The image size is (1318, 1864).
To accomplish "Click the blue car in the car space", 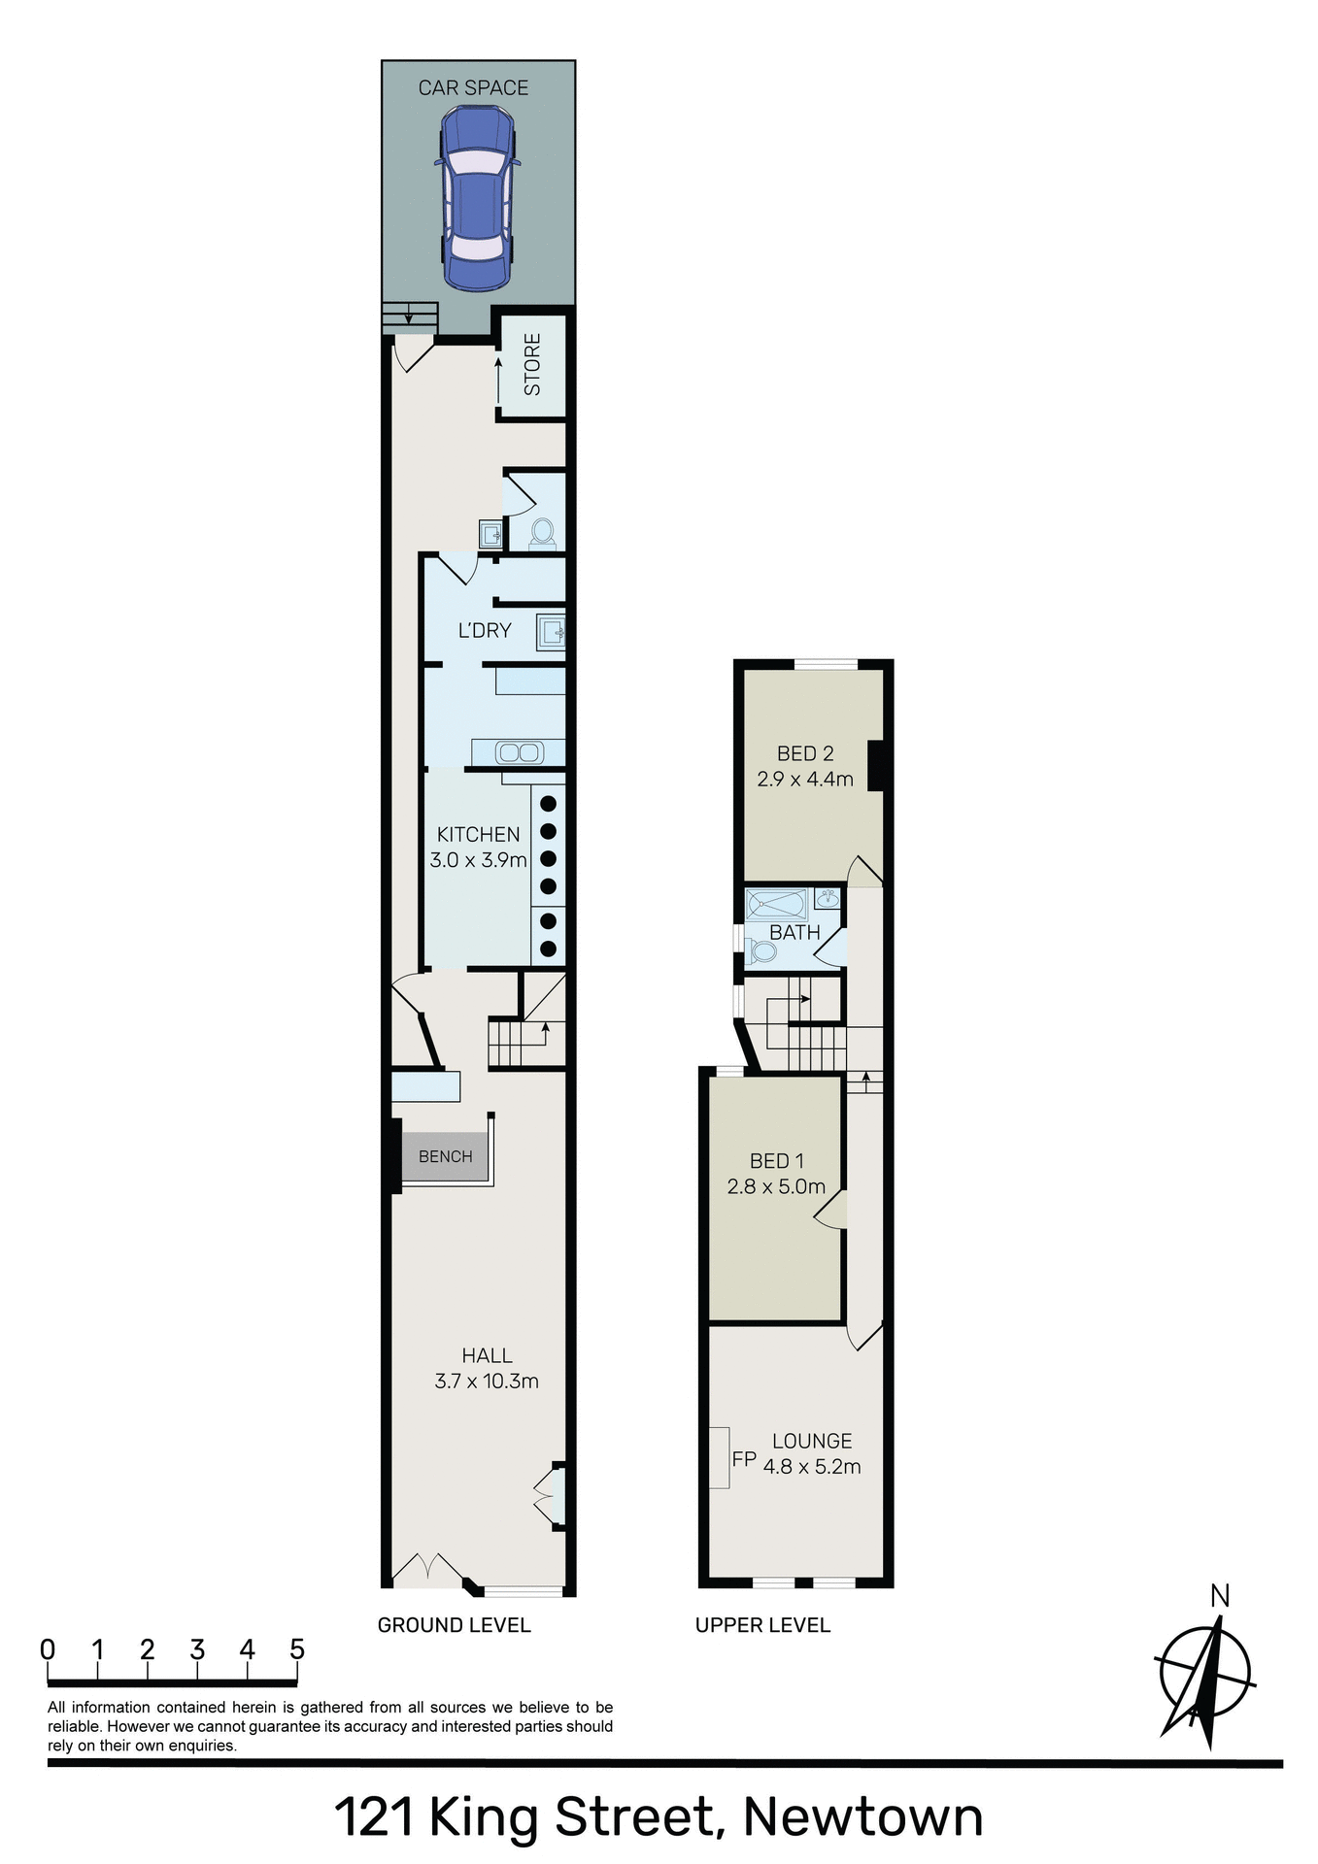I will point(476,198).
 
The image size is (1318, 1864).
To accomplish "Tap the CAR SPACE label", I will point(473,88).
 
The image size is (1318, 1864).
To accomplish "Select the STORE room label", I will point(532,365).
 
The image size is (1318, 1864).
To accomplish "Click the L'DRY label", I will point(485,631).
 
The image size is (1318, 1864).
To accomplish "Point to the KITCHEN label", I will point(478,835).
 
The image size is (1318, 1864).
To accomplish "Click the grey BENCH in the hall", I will point(445,1156).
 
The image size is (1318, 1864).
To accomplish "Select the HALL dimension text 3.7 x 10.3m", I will point(487,1381).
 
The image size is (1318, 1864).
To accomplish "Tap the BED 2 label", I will point(805,753).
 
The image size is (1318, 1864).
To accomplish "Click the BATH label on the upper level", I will point(794,933).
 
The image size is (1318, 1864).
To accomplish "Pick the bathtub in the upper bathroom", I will point(777,904).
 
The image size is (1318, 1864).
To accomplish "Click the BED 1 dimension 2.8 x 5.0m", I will point(776,1186).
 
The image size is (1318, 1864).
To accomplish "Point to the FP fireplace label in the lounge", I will point(744,1459).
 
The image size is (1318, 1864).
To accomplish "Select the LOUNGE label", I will point(812,1442).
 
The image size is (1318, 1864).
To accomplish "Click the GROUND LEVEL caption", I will point(454,1625).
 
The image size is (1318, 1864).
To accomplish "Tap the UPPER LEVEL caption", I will point(762,1625).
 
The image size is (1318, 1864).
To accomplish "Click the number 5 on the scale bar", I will point(297,1649).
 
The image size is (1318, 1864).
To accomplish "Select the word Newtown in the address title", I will point(862,1816).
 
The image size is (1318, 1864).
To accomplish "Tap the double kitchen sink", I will point(518,752).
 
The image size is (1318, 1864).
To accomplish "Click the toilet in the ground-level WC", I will point(541,533).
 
